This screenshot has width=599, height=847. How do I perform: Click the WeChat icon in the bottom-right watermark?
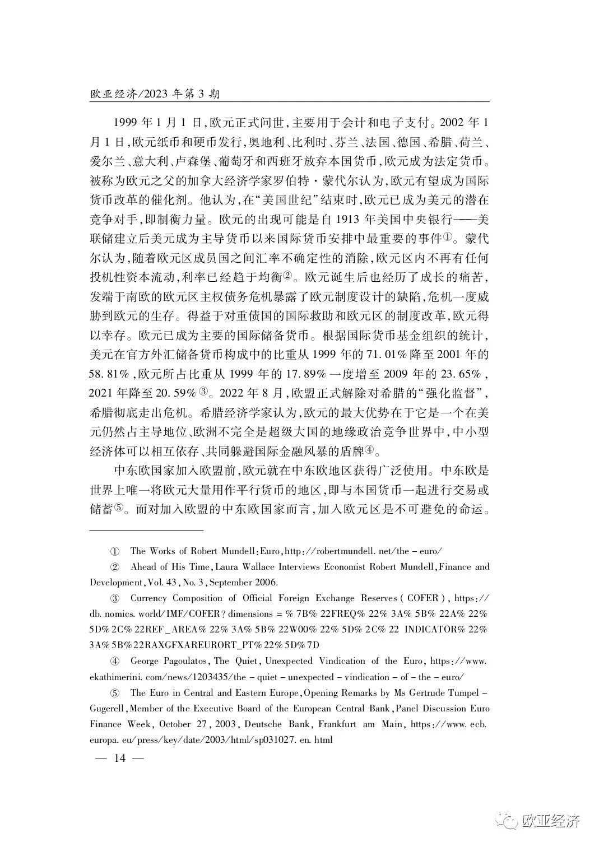(x=509, y=821)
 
